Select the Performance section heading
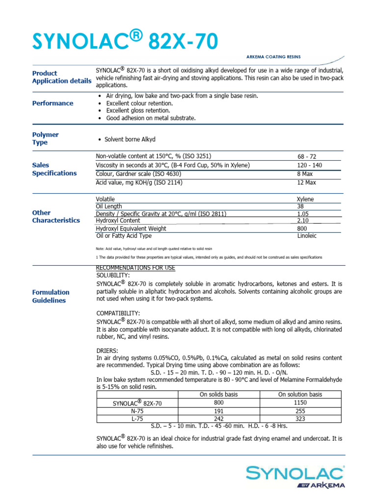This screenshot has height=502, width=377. [53, 103]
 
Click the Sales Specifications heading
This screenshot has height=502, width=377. [54, 169]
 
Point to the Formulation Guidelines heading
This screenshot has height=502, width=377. [51, 296]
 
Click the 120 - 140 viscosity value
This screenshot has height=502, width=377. [309, 165]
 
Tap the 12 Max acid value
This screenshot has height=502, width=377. [307, 182]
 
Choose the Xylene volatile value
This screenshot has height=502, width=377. [305, 199]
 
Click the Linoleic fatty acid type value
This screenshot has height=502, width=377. [307, 236]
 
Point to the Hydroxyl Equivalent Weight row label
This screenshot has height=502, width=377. [131, 228]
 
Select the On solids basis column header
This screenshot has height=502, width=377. [219, 394]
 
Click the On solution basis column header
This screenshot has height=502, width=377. [300, 394]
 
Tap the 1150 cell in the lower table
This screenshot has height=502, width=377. [300, 402]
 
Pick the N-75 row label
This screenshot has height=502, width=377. [137, 411]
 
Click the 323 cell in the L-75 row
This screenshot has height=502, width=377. [300, 419]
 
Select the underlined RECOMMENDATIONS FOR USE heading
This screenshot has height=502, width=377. [135, 268]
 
